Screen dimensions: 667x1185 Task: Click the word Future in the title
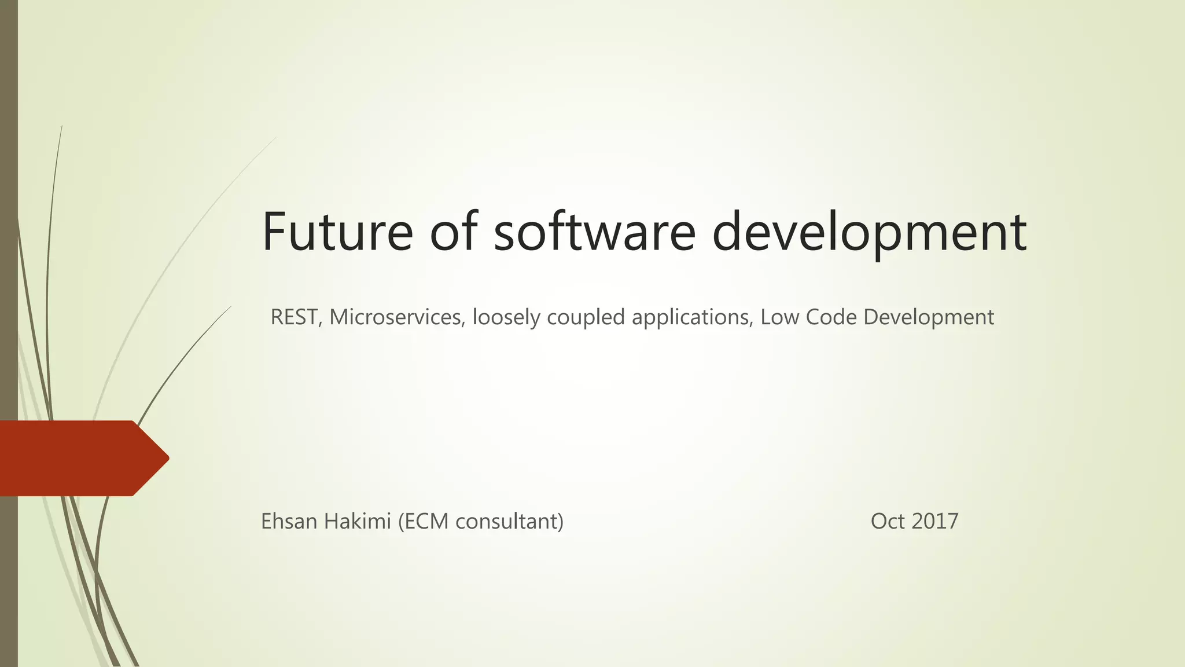click(x=337, y=232)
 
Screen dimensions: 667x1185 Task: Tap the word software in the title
click(x=594, y=232)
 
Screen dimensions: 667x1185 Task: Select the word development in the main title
click(x=869, y=233)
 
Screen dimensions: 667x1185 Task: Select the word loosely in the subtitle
click(x=506, y=318)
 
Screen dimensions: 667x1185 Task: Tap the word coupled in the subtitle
click(x=586, y=318)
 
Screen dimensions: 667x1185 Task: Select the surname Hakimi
click(x=358, y=521)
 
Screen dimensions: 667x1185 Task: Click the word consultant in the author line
click(x=507, y=522)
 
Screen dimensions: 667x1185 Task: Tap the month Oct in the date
click(x=888, y=521)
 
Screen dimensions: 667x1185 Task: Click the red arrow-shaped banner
click(x=81, y=458)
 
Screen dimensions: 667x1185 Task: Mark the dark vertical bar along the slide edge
click(x=9, y=232)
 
